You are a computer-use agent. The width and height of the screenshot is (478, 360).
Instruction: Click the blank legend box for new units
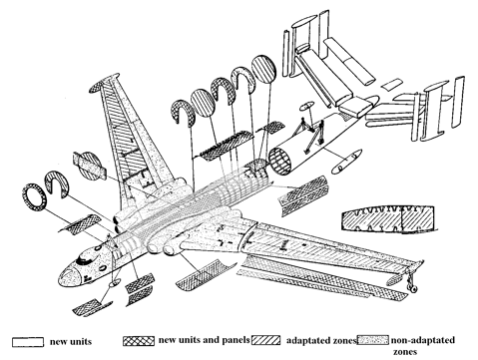[x=28, y=342]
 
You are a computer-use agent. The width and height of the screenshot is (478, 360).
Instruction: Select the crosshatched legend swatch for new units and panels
[x=139, y=341]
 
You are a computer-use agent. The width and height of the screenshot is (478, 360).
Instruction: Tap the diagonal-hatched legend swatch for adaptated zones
[x=265, y=340]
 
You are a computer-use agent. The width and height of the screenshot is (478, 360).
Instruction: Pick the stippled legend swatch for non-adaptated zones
[x=373, y=340]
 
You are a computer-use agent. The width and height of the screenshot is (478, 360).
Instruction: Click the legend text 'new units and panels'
[x=204, y=340]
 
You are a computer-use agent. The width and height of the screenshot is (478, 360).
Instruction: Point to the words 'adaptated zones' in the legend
[x=321, y=340]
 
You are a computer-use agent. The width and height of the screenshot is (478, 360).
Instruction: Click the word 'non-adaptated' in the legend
[x=423, y=340]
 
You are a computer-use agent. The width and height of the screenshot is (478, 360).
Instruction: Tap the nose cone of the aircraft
[x=69, y=276]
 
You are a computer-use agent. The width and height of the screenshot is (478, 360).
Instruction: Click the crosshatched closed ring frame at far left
[x=35, y=197]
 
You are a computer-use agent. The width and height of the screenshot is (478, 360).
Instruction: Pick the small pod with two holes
[x=346, y=162]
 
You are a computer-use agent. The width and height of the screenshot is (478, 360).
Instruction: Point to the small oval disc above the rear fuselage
[x=306, y=106]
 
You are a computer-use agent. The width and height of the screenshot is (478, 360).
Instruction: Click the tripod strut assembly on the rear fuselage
[x=312, y=135]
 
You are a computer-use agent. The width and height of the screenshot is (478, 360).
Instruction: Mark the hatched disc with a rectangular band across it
[x=91, y=166]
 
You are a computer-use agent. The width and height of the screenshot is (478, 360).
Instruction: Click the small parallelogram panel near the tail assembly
[x=391, y=84]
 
